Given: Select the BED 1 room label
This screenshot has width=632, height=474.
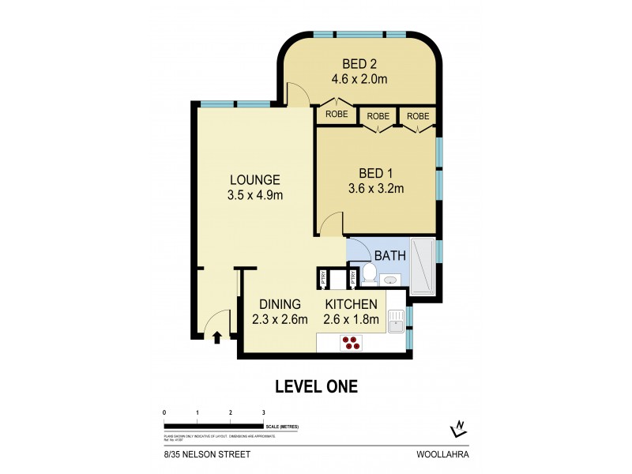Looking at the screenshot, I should (x=375, y=173).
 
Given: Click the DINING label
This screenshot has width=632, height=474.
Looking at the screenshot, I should (x=280, y=304).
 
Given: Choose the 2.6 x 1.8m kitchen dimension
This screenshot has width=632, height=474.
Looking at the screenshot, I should (x=352, y=319).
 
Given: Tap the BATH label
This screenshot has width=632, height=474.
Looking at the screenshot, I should (x=389, y=256).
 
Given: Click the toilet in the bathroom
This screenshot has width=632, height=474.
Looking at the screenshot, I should (x=369, y=274).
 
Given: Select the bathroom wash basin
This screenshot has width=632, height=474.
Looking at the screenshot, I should (x=391, y=279).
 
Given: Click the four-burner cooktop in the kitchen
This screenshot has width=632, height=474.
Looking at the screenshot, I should (x=351, y=343).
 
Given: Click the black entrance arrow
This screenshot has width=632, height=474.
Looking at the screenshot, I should (x=217, y=338).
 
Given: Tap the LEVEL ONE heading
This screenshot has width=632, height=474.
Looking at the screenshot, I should (x=316, y=386).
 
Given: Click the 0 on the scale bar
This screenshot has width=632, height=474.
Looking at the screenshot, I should (x=164, y=413).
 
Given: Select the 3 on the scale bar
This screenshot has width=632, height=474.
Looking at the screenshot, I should (x=264, y=413).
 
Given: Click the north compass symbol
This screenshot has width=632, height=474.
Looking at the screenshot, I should (x=457, y=429).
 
